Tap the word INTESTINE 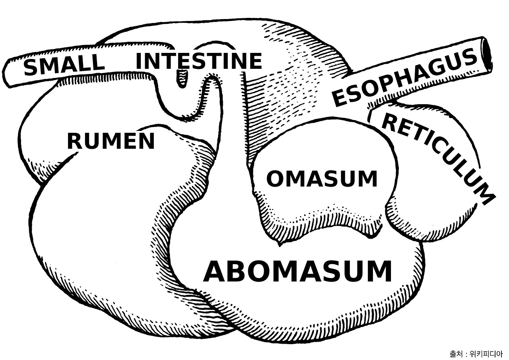(198, 61)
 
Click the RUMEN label (111, 142)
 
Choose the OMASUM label (321, 179)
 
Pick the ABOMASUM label (297, 271)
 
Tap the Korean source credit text (476, 353)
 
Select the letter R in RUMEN (75, 142)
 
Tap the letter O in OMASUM (274, 179)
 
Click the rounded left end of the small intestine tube (9, 74)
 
